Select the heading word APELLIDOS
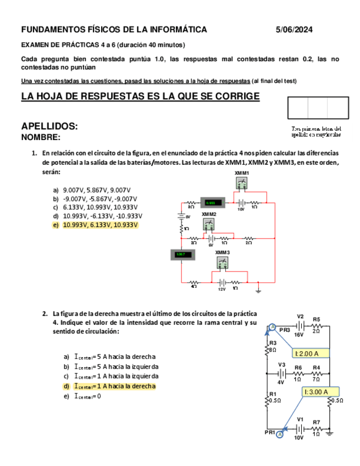[49, 126]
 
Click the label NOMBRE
[41, 137]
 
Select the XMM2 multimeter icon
[208, 224]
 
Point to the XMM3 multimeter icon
[222, 262]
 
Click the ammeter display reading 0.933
[210, 203]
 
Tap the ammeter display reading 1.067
[181, 254]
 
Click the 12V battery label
[222, 289]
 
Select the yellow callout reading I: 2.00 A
[311, 353]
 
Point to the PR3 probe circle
[272, 328]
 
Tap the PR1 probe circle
[279, 434]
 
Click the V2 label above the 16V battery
[300, 317]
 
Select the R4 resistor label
[317, 367]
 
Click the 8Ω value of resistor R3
[273, 349]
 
